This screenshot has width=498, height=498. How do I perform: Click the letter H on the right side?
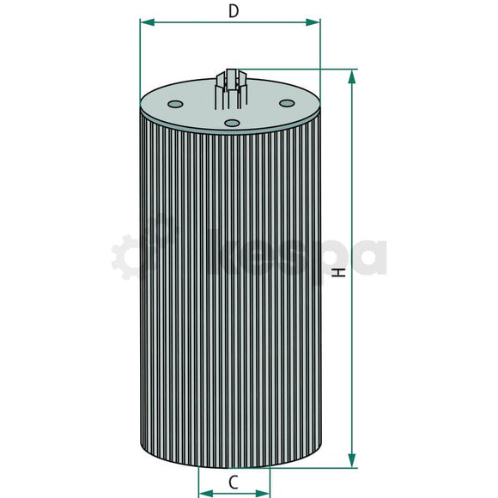coord(340,272)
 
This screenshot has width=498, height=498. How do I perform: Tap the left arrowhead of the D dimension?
coord(144,22)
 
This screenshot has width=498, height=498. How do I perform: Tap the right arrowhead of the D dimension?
coord(315,22)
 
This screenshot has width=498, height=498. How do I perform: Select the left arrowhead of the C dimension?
coord(203,494)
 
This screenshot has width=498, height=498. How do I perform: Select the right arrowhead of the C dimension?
coord(264,494)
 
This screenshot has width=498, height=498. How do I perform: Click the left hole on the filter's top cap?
coord(176,106)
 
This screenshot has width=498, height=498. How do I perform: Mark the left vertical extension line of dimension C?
coord(198,481)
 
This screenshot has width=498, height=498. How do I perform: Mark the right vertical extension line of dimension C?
coord(270,481)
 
